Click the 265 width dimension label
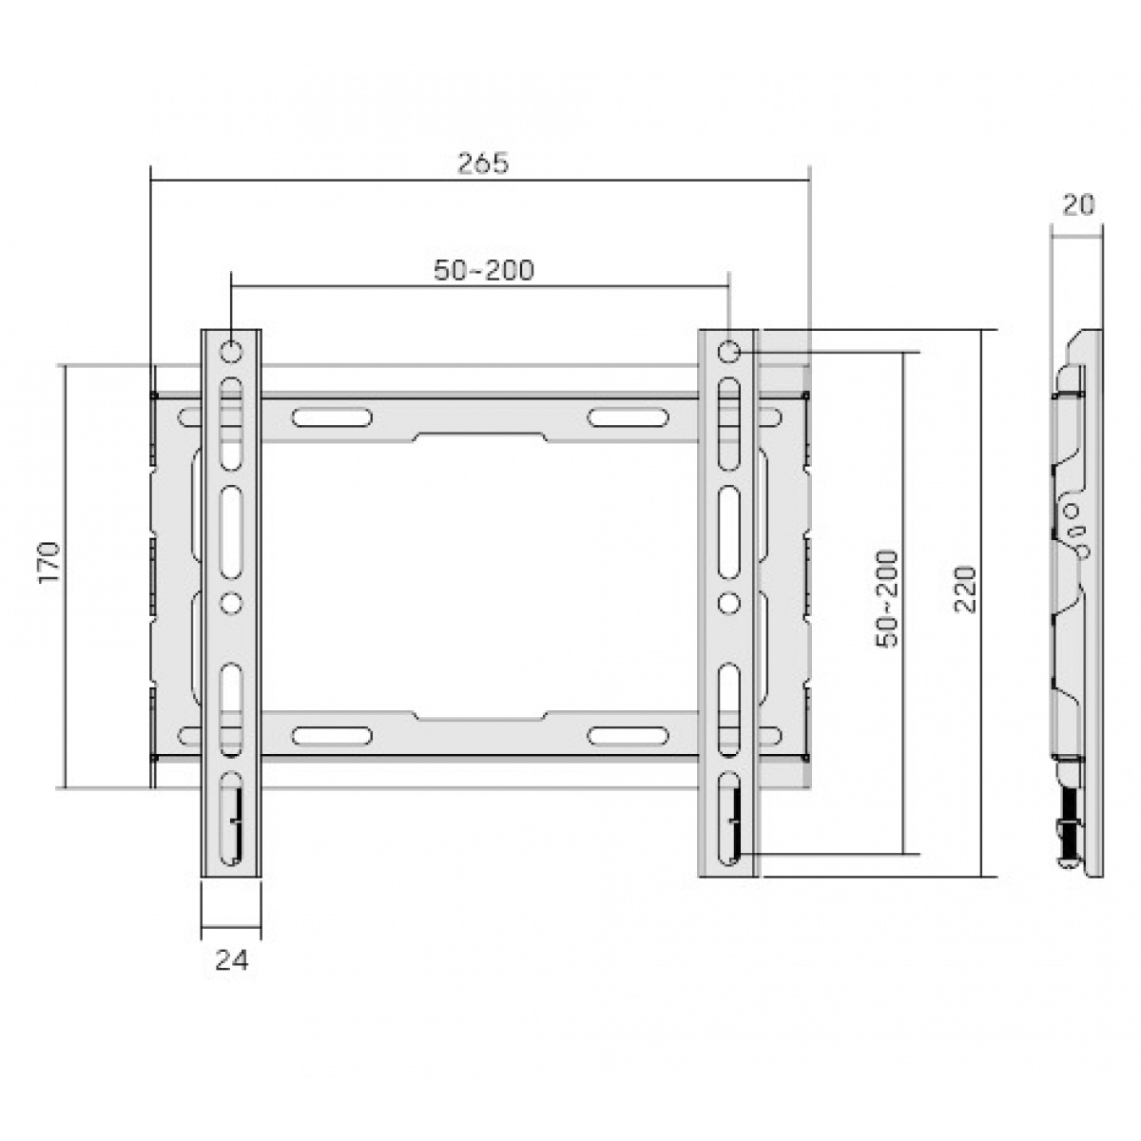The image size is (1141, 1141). click(x=483, y=164)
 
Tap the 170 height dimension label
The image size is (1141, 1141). click(x=49, y=562)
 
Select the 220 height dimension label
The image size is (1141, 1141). click(x=965, y=590)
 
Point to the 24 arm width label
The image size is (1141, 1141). click(x=231, y=960)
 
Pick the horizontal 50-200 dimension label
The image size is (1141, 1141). click(x=484, y=271)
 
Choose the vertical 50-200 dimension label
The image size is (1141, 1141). click(x=887, y=599)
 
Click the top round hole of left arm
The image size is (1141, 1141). click(x=231, y=352)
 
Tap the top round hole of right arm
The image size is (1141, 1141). click(x=728, y=352)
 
